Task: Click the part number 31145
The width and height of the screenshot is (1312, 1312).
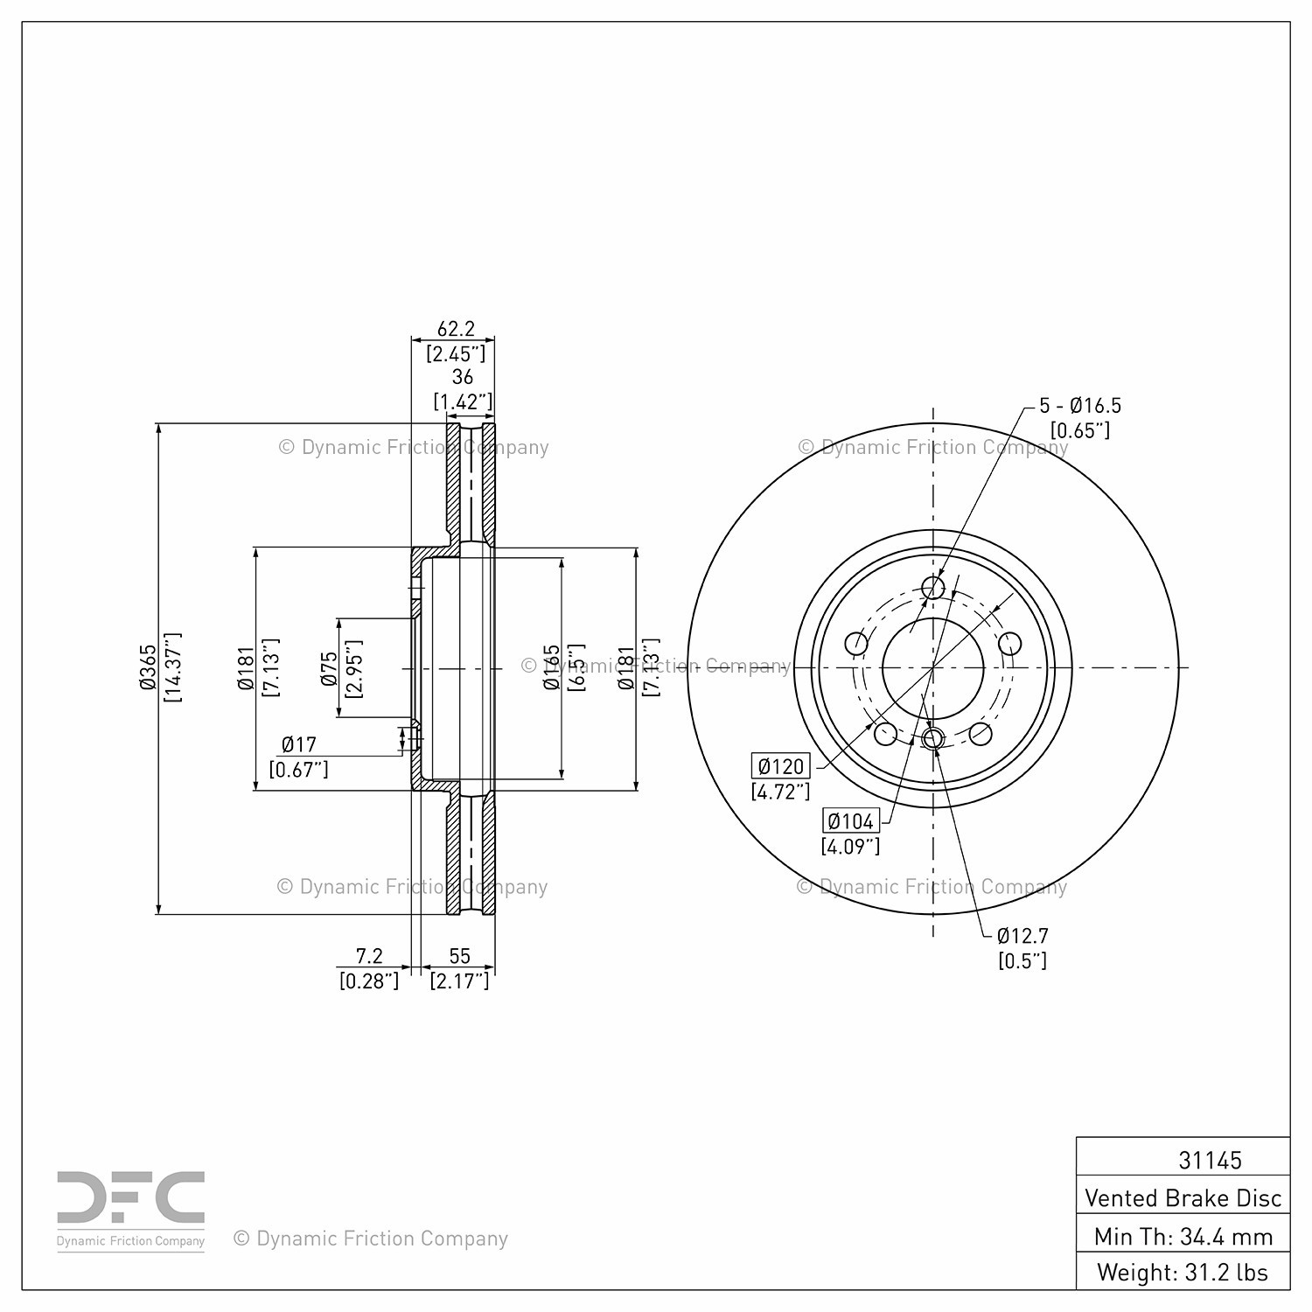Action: tap(1210, 1160)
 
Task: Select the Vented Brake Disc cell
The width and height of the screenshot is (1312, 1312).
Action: tap(1183, 1197)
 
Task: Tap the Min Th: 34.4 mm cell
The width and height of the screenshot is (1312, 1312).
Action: tap(1183, 1236)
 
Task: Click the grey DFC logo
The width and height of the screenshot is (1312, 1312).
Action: tap(131, 1197)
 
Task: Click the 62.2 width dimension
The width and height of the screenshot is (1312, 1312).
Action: tap(455, 329)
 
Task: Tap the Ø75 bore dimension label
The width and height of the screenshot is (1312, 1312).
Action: tap(329, 667)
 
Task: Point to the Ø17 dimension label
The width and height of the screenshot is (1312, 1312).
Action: tap(298, 744)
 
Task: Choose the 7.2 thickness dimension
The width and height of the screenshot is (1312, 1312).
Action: tap(369, 957)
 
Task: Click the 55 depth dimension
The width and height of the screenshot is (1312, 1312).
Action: tap(459, 957)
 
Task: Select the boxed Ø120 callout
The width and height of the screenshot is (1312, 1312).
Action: tap(781, 766)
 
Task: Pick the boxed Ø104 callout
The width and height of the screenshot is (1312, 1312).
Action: tap(851, 821)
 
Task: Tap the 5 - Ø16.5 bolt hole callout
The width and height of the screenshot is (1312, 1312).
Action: tap(1080, 406)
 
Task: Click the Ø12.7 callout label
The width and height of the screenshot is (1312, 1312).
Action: tap(1022, 935)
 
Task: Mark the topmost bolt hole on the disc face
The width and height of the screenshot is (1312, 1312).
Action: tap(933, 587)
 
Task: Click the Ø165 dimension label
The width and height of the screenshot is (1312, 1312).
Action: tap(551, 667)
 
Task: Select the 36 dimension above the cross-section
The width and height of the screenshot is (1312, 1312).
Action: tap(463, 376)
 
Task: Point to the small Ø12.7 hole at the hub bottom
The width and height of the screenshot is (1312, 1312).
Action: tap(932, 738)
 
